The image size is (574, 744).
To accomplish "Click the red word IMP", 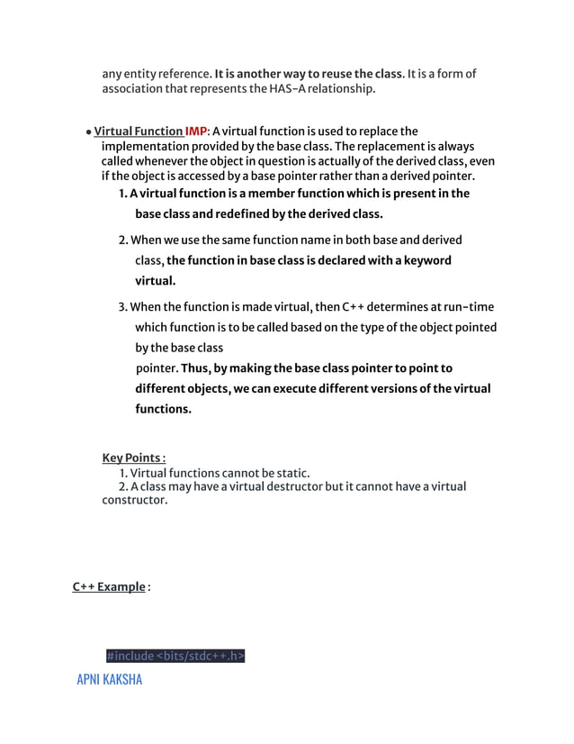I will tap(195, 132).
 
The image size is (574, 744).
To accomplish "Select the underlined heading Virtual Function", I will tap(138, 132).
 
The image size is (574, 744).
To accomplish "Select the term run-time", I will tap(462, 307).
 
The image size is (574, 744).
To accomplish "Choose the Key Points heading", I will tap(133, 457).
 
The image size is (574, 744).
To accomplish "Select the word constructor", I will tap(134, 500).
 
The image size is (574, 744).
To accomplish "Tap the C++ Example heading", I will tap(109, 587).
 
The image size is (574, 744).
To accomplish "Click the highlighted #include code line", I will tap(175, 656).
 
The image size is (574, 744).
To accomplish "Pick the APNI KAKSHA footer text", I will tap(109, 678).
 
